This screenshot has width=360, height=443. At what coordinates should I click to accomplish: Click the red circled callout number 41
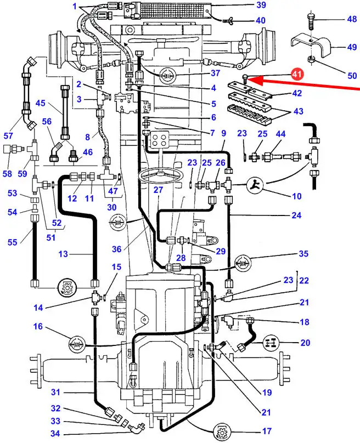pyautogui.click(x=296, y=72)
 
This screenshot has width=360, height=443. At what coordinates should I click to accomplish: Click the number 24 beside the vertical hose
pyautogui.click(x=297, y=215)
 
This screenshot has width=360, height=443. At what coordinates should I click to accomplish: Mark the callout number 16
pyautogui.click(x=38, y=326)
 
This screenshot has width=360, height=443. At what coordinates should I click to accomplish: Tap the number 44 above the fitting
pyautogui.click(x=281, y=134)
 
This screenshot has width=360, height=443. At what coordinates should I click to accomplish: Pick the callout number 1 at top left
pyautogui.click(x=75, y=6)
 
